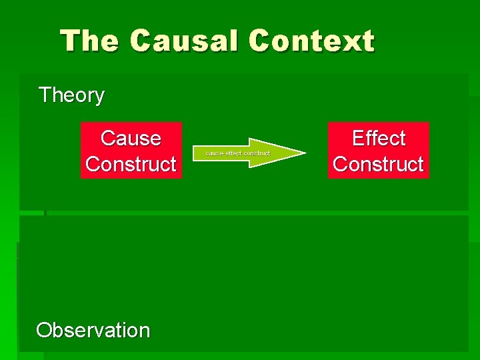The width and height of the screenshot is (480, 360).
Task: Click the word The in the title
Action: click(x=89, y=41)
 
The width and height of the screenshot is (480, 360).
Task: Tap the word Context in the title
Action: click(x=312, y=41)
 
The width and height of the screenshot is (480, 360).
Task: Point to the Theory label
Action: click(x=71, y=95)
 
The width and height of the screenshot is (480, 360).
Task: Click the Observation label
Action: click(x=93, y=330)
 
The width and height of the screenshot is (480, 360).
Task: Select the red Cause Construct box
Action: click(x=131, y=151)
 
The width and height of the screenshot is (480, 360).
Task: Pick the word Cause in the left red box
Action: click(x=131, y=139)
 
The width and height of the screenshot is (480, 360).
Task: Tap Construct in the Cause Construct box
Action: click(x=131, y=164)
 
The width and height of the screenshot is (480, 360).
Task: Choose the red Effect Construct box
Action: click(x=378, y=151)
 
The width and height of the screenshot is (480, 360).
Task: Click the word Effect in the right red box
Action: click(x=378, y=139)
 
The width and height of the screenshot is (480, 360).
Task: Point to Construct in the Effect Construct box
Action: click(x=378, y=164)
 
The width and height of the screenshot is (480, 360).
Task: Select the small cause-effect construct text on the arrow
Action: click(x=238, y=153)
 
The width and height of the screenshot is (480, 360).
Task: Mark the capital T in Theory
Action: click(x=45, y=95)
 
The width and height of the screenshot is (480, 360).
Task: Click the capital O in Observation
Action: click(x=45, y=330)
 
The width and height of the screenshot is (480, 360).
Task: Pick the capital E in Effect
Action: click(x=358, y=139)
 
